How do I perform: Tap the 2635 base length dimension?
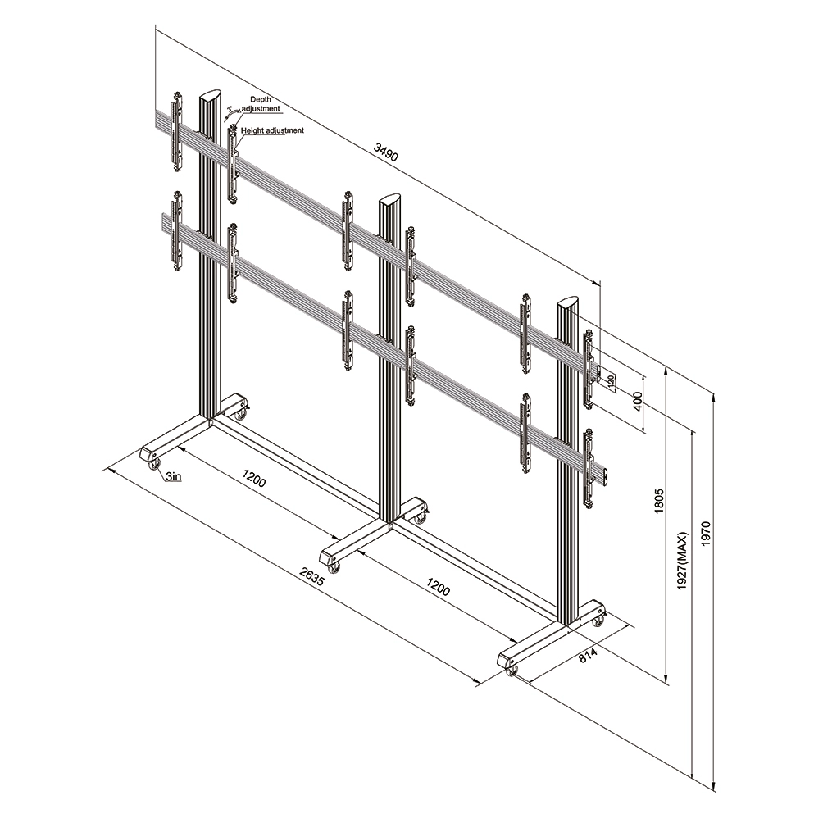click(312, 575)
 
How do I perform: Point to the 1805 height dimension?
click(660, 500)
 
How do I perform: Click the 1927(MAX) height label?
click(682, 561)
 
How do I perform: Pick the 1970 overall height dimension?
click(705, 534)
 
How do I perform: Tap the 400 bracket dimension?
click(638, 402)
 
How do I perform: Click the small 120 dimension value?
click(611, 380)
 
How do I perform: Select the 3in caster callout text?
click(173, 476)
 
